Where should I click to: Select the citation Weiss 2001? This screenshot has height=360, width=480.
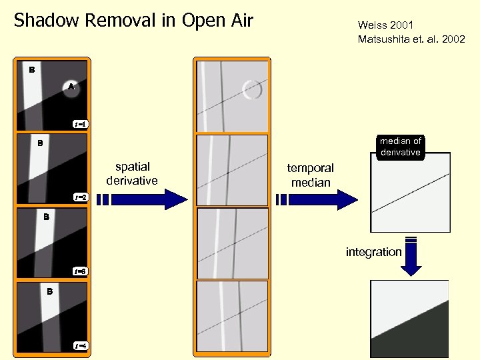pos(385,25)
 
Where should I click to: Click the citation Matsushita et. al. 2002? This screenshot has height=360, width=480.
pos(411,39)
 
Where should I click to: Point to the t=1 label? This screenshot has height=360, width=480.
pos(81,123)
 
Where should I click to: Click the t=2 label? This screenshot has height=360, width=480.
pos(81,197)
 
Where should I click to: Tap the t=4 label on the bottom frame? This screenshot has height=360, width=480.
pos(81,345)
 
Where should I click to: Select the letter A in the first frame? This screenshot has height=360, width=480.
pos(71,86)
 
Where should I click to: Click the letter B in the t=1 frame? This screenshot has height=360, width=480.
pos(31,69)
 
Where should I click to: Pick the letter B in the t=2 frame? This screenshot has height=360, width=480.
pos(40,143)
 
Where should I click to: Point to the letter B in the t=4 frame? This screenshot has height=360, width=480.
pos(49,291)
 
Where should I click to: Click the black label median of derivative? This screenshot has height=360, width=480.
pos(400,147)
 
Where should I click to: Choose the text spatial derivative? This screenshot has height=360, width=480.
pos(132,173)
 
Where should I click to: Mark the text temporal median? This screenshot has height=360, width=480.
pos(310,175)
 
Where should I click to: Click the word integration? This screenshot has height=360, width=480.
pos(373,252)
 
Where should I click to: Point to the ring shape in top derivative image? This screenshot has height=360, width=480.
pos(252,89)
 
